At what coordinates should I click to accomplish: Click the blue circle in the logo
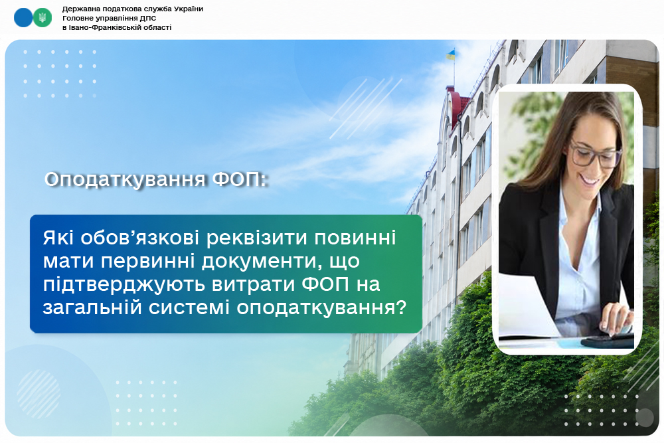[x=23, y=18]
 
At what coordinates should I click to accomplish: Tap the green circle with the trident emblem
[x=42, y=18]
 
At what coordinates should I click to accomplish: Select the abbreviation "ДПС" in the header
[x=149, y=18]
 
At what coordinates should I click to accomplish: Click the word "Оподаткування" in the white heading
[x=125, y=179]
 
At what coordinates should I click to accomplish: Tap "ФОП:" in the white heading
[x=240, y=179]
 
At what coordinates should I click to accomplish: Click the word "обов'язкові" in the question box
[x=139, y=238]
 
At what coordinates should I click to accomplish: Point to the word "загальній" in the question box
[x=92, y=308]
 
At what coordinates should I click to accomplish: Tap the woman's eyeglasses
[x=595, y=154]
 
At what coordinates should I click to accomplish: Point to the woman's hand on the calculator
[x=616, y=319]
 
